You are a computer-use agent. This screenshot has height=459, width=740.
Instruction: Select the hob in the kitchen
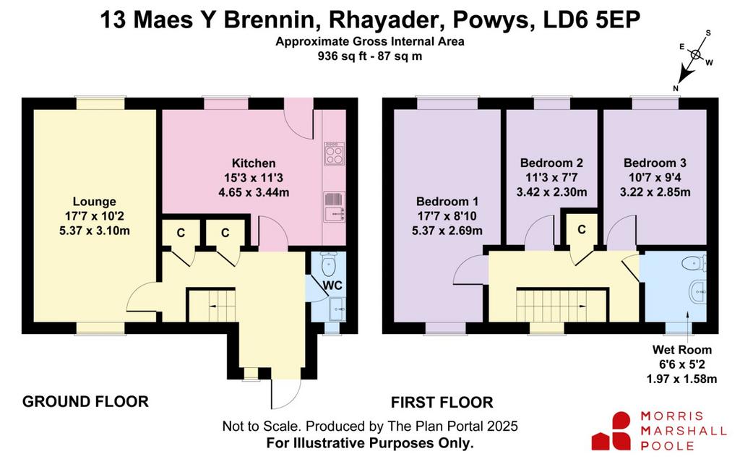coord(335,153)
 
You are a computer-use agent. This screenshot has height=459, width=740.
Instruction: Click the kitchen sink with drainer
coord(335,206)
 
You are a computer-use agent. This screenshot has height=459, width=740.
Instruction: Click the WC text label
coord(332,286)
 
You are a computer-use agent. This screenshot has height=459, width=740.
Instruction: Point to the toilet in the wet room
coord(694,263)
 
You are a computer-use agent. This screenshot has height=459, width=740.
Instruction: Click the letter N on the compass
coord(676,88)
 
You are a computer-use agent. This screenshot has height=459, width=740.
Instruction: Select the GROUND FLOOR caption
coord(85,401)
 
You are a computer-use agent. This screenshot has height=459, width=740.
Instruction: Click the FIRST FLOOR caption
coord(442,403)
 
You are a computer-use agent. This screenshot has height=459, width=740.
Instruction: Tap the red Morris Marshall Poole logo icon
coord(611,431)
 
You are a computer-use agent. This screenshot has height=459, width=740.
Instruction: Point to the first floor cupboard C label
coord(582,230)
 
